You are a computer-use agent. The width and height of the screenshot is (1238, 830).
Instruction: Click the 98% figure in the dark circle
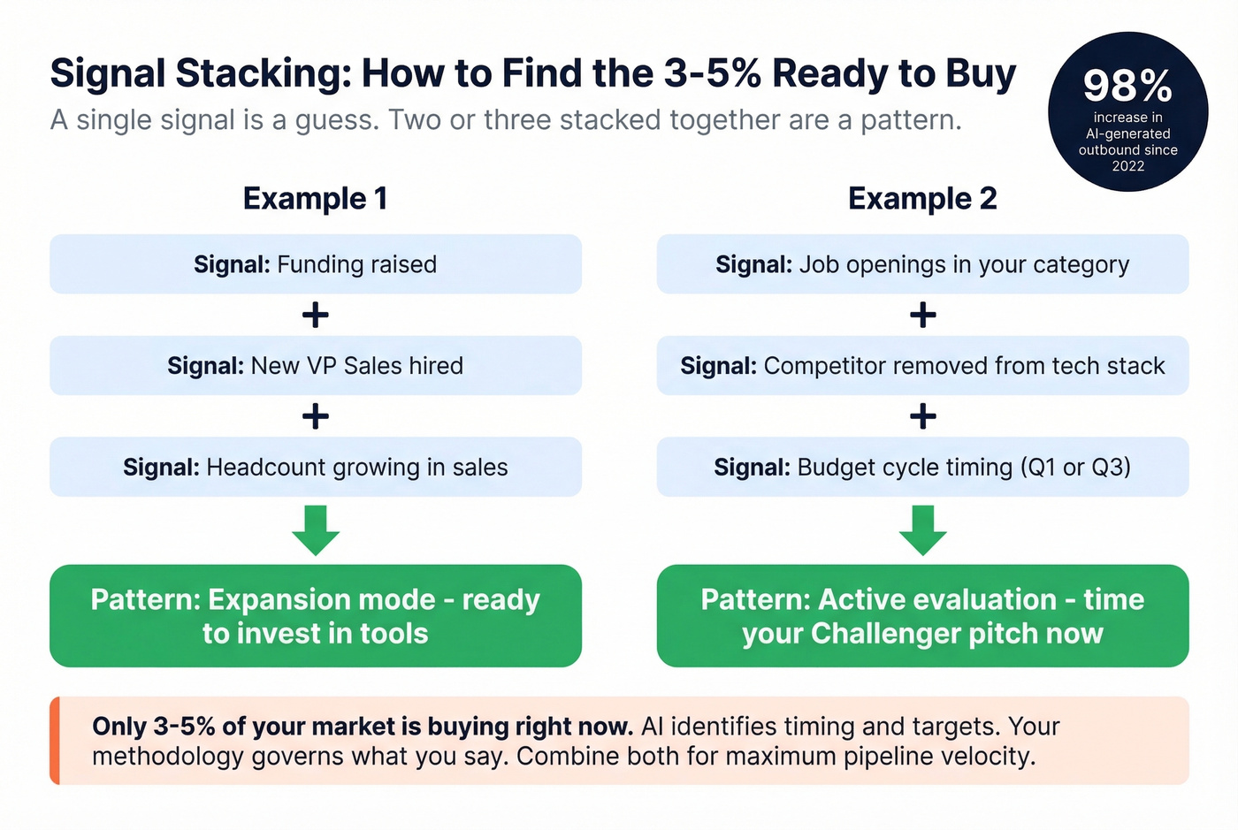click(x=1127, y=87)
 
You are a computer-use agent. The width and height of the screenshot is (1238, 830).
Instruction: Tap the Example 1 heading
click(x=315, y=198)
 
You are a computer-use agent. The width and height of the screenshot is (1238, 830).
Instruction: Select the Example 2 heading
click(x=922, y=198)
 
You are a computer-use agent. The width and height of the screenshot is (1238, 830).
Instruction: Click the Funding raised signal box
click(x=315, y=264)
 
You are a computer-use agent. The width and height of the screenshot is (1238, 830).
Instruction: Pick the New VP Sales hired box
click(x=315, y=365)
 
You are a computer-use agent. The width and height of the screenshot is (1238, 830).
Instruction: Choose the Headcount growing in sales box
click(x=315, y=467)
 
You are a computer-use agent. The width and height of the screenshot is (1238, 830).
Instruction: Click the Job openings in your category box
click(x=922, y=264)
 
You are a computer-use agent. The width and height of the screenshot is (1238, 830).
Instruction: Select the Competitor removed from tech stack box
click(x=922, y=365)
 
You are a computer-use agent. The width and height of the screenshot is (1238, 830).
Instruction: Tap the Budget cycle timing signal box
click(x=922, y=467)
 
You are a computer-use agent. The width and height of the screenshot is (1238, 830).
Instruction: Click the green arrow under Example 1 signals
click(x=315, y=529)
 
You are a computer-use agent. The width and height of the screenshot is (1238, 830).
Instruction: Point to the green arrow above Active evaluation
click(x=922, y=529)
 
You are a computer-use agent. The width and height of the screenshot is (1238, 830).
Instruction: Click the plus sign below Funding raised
click(x=315, y=315)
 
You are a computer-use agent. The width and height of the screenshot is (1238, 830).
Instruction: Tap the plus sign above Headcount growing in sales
click(x=315, y=415)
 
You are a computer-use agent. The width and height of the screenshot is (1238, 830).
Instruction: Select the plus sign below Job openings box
click(x=922, y=315)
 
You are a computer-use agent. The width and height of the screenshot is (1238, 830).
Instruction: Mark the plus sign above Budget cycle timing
click(x=922, y=415)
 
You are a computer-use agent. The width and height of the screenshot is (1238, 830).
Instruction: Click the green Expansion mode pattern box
click(x=315, y=616)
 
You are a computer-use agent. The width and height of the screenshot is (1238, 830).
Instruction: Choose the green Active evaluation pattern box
click(x=922, y=616)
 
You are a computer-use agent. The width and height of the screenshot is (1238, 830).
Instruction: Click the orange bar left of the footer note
click(x=55, y=741)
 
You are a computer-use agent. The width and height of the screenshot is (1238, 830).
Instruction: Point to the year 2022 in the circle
click(x=1127, y=166)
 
